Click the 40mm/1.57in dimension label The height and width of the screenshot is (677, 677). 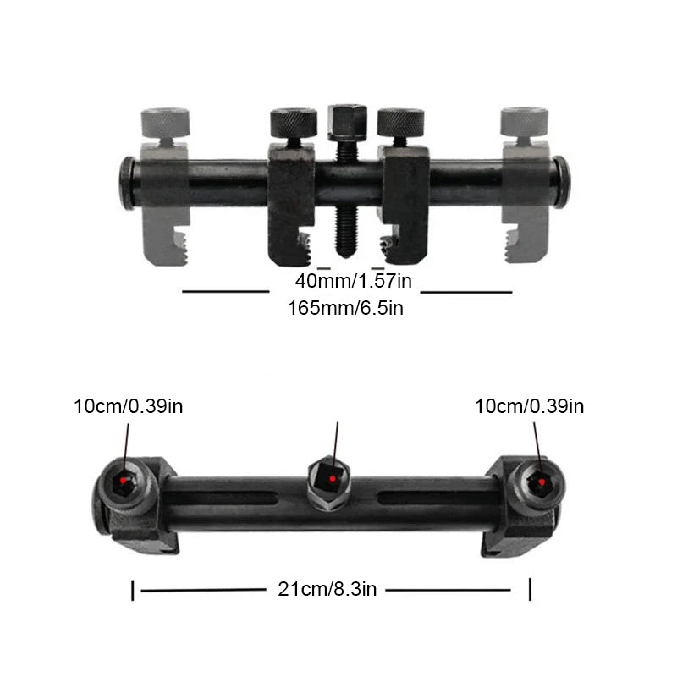(354, 280)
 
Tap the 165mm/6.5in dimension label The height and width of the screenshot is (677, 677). (345, 308)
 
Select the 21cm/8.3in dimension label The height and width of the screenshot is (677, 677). (327, 590)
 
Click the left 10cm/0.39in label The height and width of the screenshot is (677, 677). (128, 406)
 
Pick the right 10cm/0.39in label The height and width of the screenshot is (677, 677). (529, 406)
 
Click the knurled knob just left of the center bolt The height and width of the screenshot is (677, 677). (294, 124)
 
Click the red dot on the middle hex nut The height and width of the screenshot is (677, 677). (333, 479)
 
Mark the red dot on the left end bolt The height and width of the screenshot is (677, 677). (126, 481)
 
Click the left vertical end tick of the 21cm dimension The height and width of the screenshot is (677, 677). (133, 590)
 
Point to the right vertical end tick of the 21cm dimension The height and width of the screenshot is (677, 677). (530, 590)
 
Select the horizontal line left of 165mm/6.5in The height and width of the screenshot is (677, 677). (225, 292)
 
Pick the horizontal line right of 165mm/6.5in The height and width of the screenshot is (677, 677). (466, 293)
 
